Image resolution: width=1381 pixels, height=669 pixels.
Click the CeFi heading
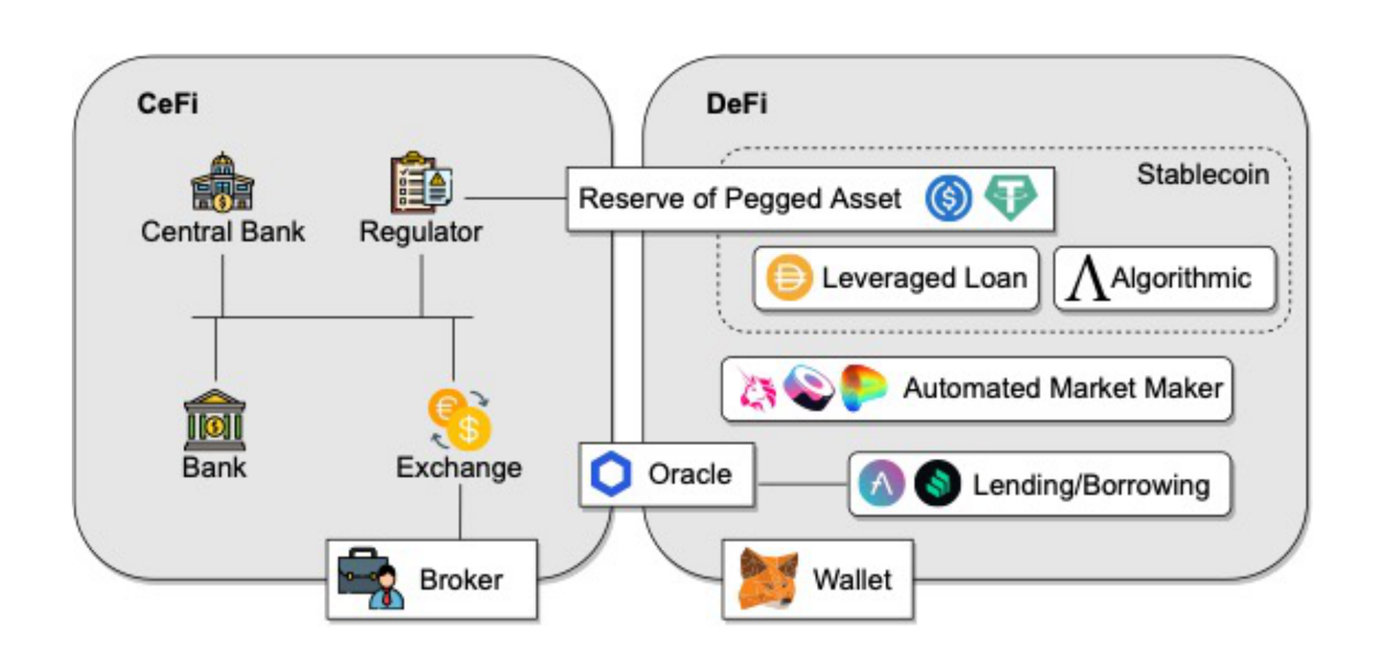point(167,104)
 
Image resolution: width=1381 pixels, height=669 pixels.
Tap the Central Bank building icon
point(222,183)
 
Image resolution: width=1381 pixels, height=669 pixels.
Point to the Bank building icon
point(215,420)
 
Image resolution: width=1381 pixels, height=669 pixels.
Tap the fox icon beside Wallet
point(768,578)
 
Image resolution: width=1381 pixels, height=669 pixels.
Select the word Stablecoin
point(1203,175)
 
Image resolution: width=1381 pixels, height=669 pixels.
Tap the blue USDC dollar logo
point(948,199)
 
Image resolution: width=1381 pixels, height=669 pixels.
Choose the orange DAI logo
point(790,278)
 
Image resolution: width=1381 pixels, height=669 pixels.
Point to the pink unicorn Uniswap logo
point(757,389)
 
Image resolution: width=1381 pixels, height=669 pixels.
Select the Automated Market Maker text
point(1063,388)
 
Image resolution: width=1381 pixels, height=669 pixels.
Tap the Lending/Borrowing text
point(1090,485)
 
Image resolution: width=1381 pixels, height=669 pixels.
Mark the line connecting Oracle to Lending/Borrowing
point(801,482)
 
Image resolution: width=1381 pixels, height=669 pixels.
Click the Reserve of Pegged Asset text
point(740,199)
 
